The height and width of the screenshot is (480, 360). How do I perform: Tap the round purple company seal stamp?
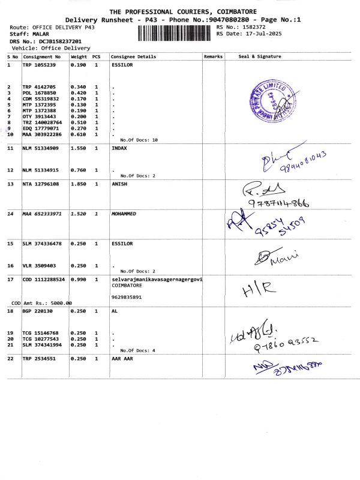pos(275,103)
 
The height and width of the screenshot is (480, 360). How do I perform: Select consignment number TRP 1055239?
pos(40,65)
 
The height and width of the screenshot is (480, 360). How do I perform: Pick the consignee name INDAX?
pos(120,148)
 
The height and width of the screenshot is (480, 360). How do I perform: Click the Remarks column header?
pos(214,56)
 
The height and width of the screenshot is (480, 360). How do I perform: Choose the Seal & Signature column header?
pos(260,56)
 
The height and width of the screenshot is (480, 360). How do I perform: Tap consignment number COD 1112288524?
pos(44,279)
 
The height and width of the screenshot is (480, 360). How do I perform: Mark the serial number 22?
pos(10,358)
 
